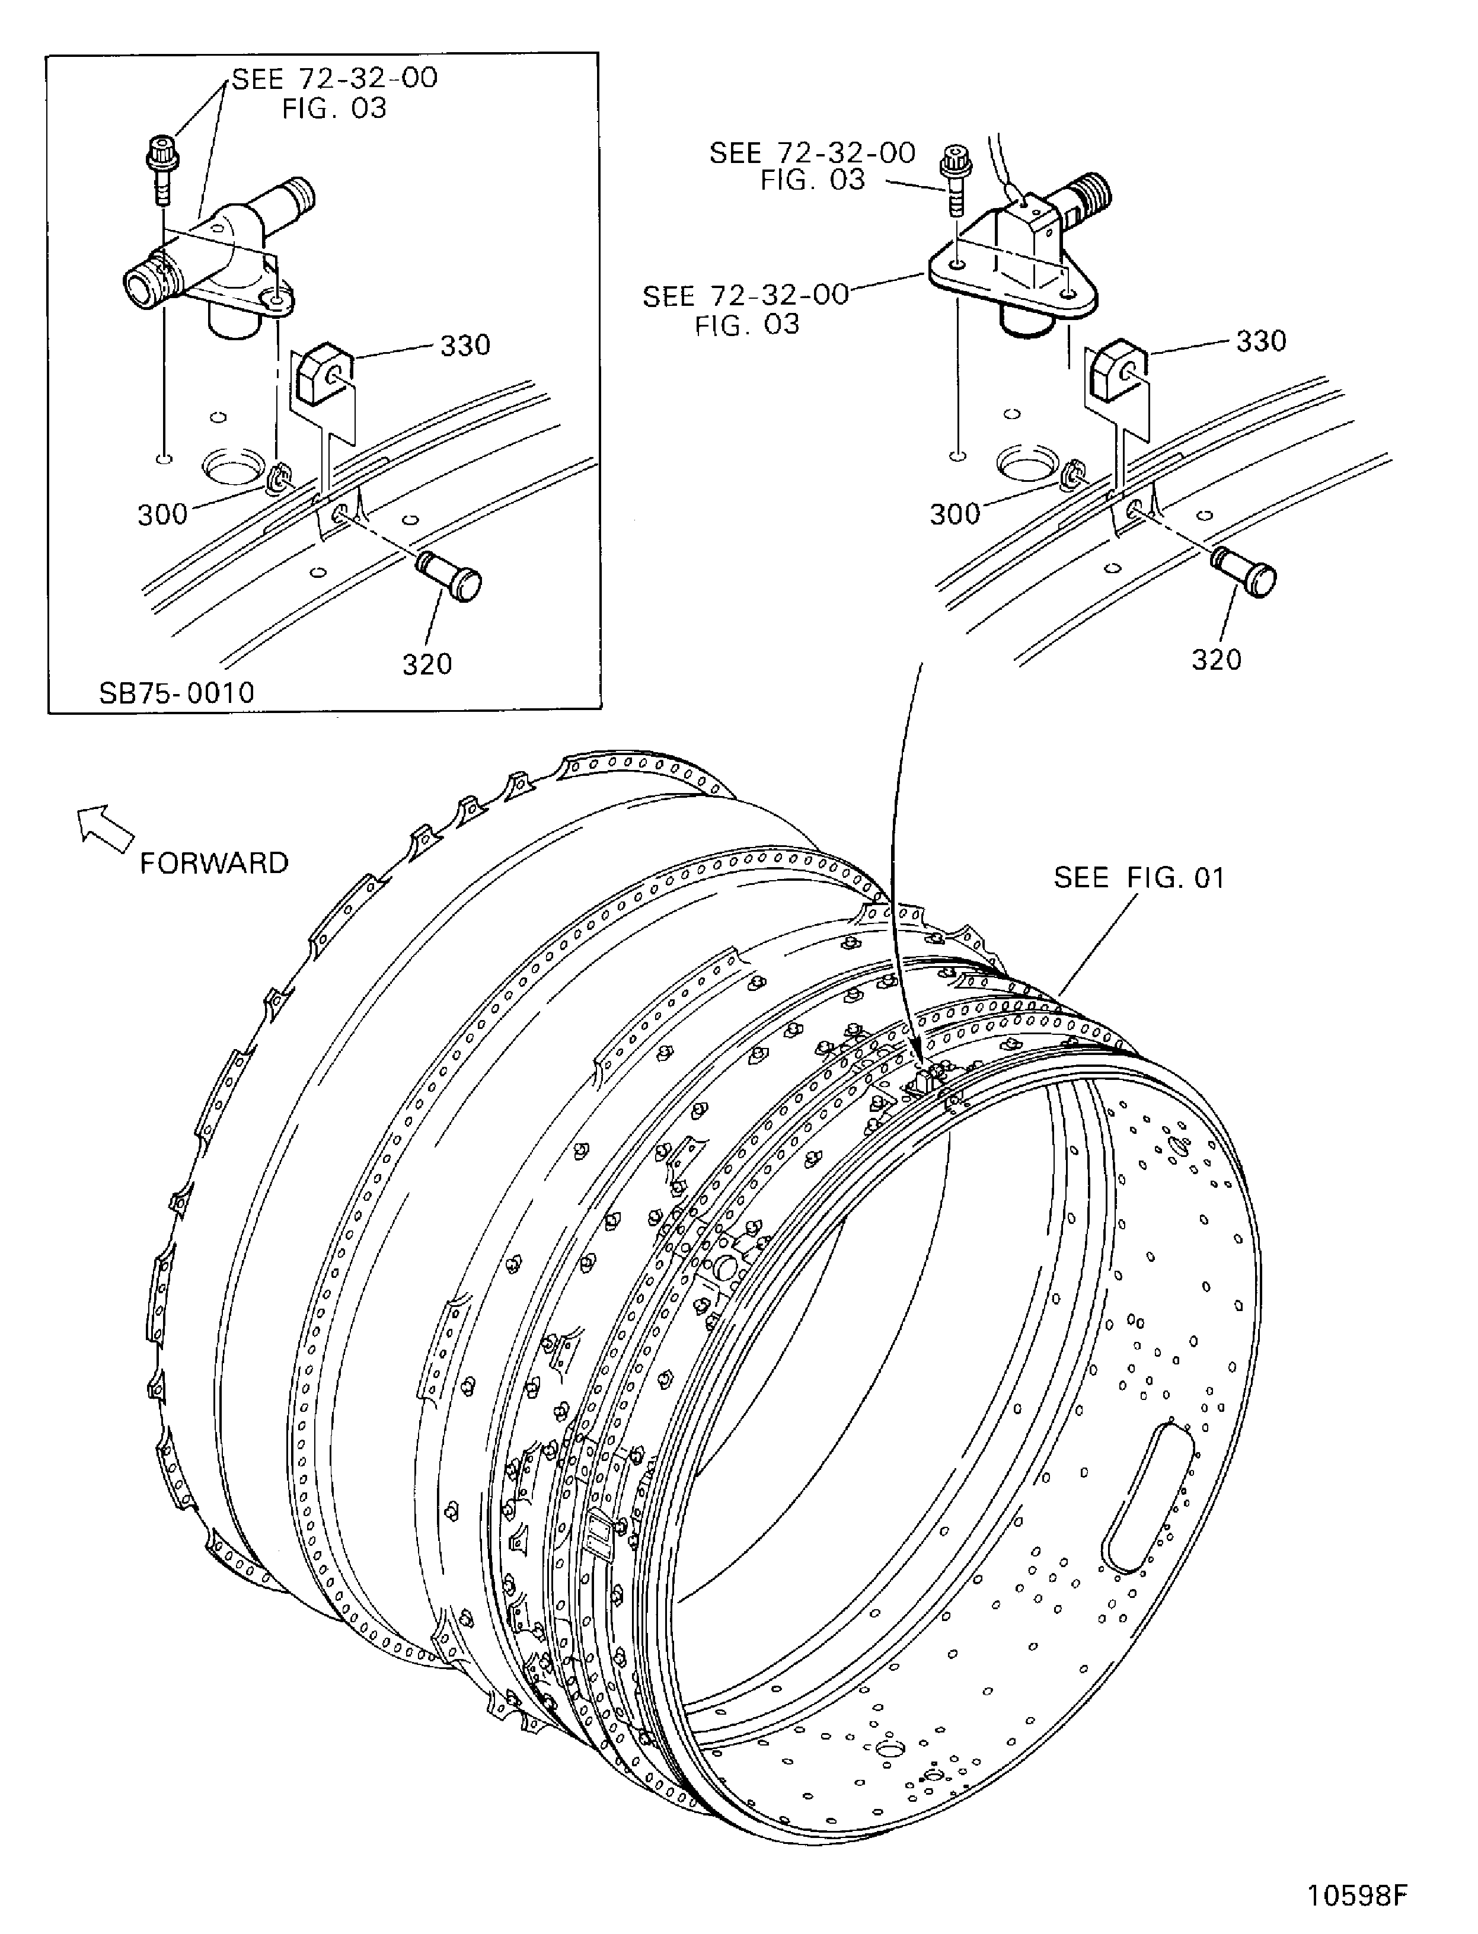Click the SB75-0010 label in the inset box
[176, 693]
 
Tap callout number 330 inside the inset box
[465, 346]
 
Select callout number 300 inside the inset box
[163, 514]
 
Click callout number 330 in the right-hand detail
[1260, 341]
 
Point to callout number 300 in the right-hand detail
[955, 514]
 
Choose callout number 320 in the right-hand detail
[1216, 660]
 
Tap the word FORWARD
[214, 863]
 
